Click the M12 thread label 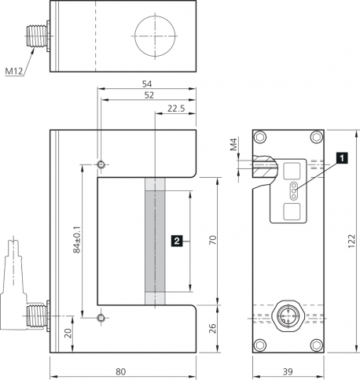[14, 71]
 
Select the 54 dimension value [147, 84]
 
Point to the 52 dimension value [149, 95]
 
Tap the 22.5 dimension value [176, 109]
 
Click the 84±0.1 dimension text [77, 240]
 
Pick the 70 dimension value [213, 240]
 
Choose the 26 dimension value [213, 328]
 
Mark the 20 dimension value [68, 334]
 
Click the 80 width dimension [121, 371]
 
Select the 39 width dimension [288, 371]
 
